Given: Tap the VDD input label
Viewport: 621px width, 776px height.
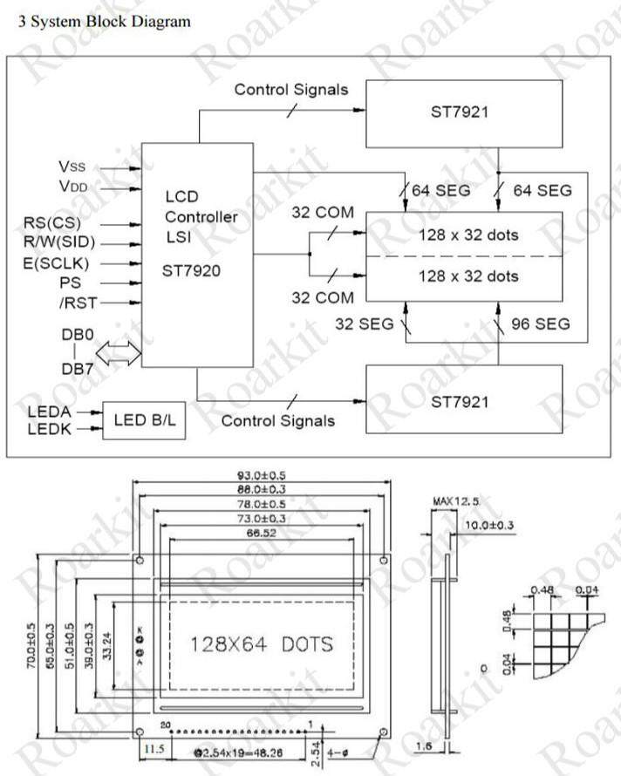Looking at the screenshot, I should pyautogui.click(x=73, y=186).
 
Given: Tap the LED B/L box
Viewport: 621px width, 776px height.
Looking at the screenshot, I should pyautogui.click(x=144, y=420).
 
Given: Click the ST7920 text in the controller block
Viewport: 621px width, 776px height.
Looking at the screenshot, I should pyautogui.click(x=191, y=270).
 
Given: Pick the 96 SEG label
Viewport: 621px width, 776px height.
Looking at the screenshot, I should pyautogui.click(x=540, y=324).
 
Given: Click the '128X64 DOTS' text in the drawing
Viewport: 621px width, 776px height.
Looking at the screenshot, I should pyautogui.click(x=262, y=644).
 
